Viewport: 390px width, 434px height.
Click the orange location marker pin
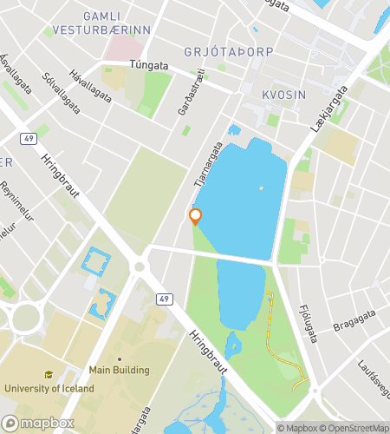coord(196,216)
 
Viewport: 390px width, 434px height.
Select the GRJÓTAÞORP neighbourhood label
coord(229,52)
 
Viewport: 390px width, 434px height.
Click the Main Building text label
coord(119,371)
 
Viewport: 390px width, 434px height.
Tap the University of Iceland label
coord(49,388)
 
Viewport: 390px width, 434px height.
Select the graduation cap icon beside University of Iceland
coord(49,374)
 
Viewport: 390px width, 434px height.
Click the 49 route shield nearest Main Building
coord(163,299)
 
